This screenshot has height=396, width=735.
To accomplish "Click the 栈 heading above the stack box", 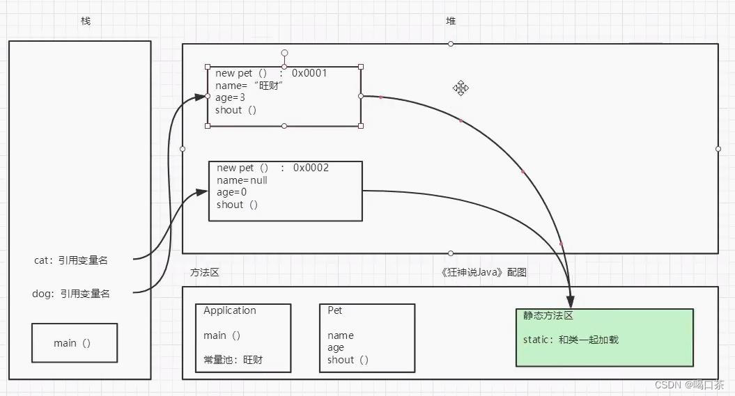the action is pos(86,21).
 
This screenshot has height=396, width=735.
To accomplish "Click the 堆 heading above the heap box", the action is pos(451,21).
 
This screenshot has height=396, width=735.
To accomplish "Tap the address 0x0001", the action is pos(309,73).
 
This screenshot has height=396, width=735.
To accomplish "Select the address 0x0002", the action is pos(311,168).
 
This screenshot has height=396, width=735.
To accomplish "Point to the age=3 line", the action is pos(230,98).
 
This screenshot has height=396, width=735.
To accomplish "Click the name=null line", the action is pos(242,180).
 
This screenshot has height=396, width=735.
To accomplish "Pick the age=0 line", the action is pos(231,192).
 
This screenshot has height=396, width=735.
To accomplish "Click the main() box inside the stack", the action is pos(74,342).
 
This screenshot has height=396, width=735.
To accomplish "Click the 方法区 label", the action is pos(205,272).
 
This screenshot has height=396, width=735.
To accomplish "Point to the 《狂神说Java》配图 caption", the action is pos(484,272).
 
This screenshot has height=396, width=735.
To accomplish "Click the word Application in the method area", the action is pos(230,311).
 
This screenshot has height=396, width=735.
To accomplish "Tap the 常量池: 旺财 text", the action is pos(233,360).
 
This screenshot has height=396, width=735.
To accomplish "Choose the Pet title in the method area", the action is pos(335,310).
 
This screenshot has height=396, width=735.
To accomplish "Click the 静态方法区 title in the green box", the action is pos(548,315).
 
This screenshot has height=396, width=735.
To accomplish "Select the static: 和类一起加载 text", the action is pos(571,340).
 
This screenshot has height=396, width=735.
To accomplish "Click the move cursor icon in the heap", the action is pos(461,88).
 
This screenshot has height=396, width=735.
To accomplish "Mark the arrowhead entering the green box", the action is pos(570,302).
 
